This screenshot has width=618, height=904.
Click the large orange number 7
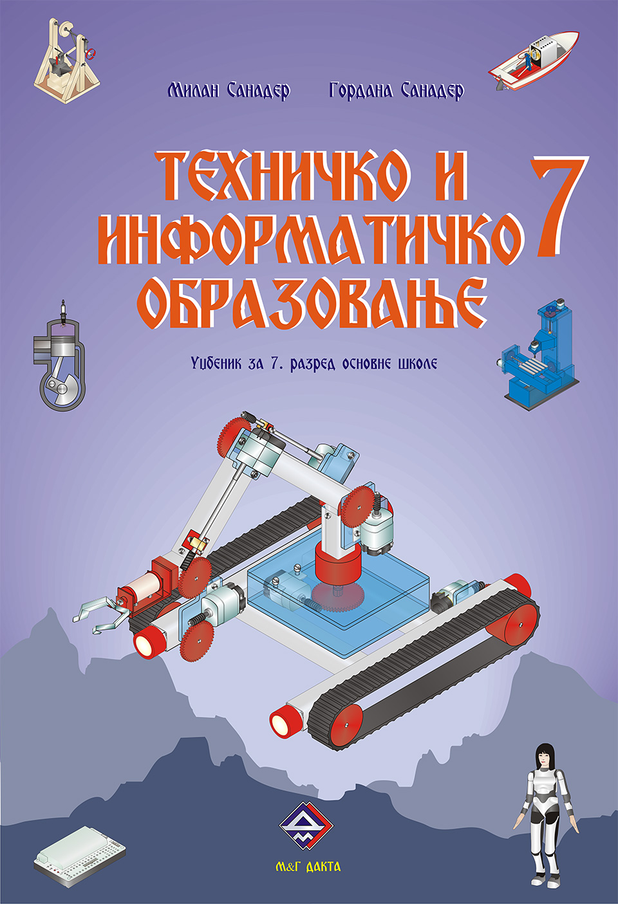pos(559,206)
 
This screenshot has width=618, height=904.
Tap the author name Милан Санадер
pos(229,90)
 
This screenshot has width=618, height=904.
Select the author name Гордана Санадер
pos(397,90)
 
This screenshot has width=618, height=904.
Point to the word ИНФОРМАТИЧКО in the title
pos(312,239)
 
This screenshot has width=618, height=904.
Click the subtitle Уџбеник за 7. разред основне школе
pos(314,364)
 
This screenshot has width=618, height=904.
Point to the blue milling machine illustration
pos(538,355)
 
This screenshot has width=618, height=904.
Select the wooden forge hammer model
pos(66,60)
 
